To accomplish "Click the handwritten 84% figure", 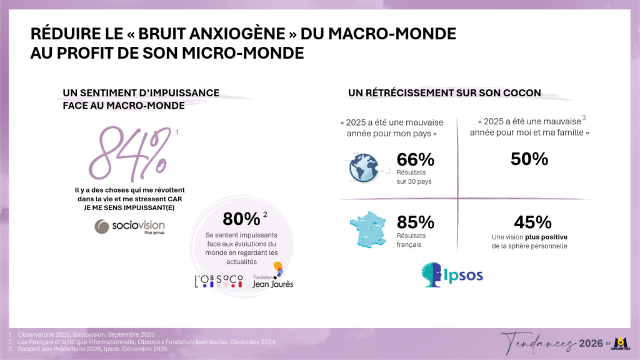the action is (x=129, y=154).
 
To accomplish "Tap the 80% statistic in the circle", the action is (x=241, y=219).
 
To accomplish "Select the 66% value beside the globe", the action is (x=415, y=159).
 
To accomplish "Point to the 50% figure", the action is (x=529, y=159).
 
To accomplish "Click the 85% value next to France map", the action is (x=415, y=222).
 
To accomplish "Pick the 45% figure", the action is (x=532, y=222).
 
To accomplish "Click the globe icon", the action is (x=363, y=167).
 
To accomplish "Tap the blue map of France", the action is (x=367, y=229).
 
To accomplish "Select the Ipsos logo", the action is (x=452, y=275).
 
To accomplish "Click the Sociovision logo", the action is (x=130, y=226).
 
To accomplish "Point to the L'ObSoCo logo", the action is (x=219, y=281).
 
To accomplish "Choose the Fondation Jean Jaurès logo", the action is (x=272, y=276).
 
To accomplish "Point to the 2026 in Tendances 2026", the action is (x=591, y=343).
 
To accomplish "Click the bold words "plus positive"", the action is (x=546, y=237).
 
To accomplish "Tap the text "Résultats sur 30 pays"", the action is (x=414, y=177).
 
